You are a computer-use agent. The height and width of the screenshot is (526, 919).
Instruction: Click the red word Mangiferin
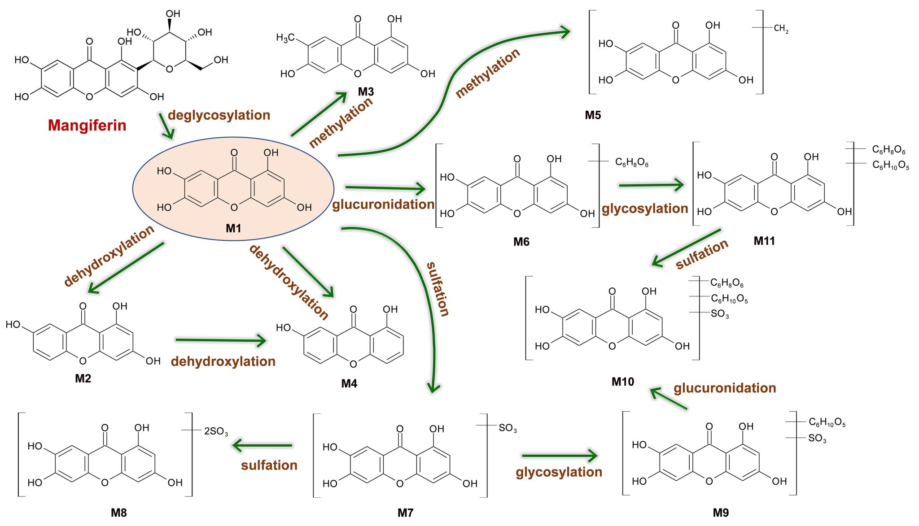87,125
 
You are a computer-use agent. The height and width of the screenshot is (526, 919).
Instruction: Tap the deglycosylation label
219,115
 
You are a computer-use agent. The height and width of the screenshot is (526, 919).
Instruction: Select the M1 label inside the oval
233,228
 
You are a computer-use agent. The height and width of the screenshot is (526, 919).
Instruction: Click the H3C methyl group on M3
285,38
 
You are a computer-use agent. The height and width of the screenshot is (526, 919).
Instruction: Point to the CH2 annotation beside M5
781,29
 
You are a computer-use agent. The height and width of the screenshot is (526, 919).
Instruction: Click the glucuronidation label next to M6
383,204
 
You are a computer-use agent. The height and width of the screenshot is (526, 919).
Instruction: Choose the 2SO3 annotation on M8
216,431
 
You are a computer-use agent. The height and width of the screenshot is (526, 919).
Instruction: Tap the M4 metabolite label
349,383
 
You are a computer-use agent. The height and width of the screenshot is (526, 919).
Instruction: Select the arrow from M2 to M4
221,340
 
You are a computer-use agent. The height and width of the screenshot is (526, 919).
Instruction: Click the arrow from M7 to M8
263,445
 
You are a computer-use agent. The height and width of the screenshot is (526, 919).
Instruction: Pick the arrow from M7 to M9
559,456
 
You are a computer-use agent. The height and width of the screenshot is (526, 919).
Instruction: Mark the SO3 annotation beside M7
508,428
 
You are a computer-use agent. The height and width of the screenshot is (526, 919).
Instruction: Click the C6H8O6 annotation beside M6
631,162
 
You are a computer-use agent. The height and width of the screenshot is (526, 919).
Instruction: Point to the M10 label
623,382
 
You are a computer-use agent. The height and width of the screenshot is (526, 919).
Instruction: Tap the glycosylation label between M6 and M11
645,209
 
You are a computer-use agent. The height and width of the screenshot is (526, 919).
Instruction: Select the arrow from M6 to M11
651,185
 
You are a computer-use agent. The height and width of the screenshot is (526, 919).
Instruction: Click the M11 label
764,241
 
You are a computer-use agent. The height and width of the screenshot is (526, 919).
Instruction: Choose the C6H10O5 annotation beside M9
827,422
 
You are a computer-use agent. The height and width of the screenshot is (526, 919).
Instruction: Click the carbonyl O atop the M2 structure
83,306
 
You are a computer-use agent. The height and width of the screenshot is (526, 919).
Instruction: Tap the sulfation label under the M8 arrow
269,465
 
